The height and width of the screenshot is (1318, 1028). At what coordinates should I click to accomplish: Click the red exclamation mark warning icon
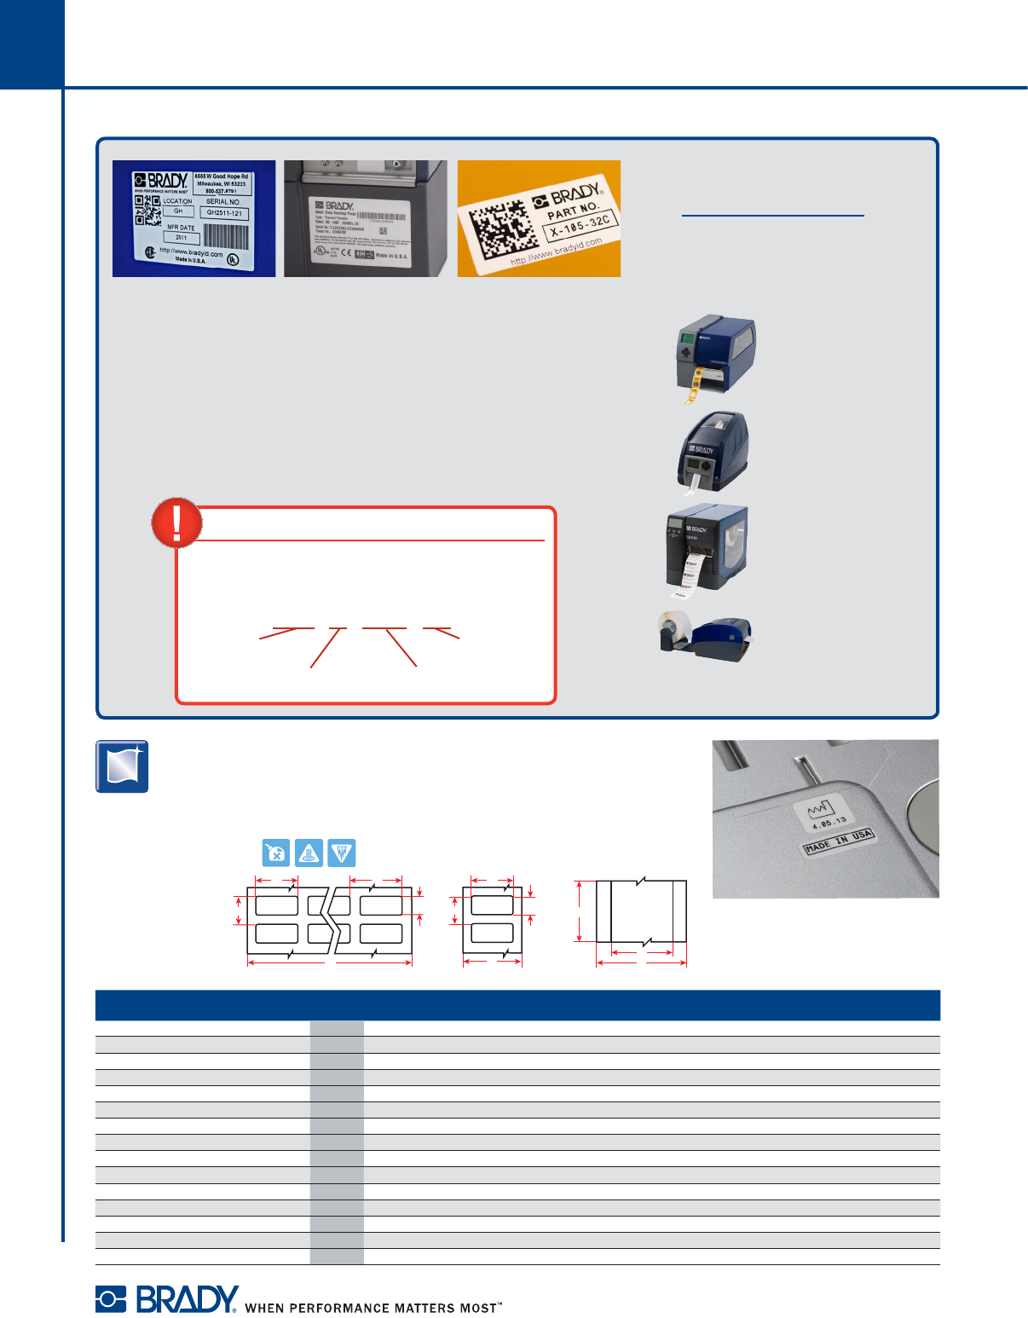(176, 523)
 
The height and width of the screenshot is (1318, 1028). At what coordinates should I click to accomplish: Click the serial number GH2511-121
(224, 213)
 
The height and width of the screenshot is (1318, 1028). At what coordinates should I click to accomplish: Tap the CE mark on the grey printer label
(346, 254)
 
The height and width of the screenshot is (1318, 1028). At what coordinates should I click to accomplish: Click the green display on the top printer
(686, 338)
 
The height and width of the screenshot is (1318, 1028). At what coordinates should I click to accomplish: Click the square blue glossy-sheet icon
(122, 766)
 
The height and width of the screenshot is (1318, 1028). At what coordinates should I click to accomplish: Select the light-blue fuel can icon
(276, 853)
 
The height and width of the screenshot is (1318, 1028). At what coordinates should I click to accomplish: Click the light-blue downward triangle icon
(341, 853)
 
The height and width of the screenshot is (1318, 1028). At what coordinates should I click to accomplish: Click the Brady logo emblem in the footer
(111, 1298)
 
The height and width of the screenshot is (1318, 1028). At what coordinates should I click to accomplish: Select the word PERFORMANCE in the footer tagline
(338, 1308)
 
